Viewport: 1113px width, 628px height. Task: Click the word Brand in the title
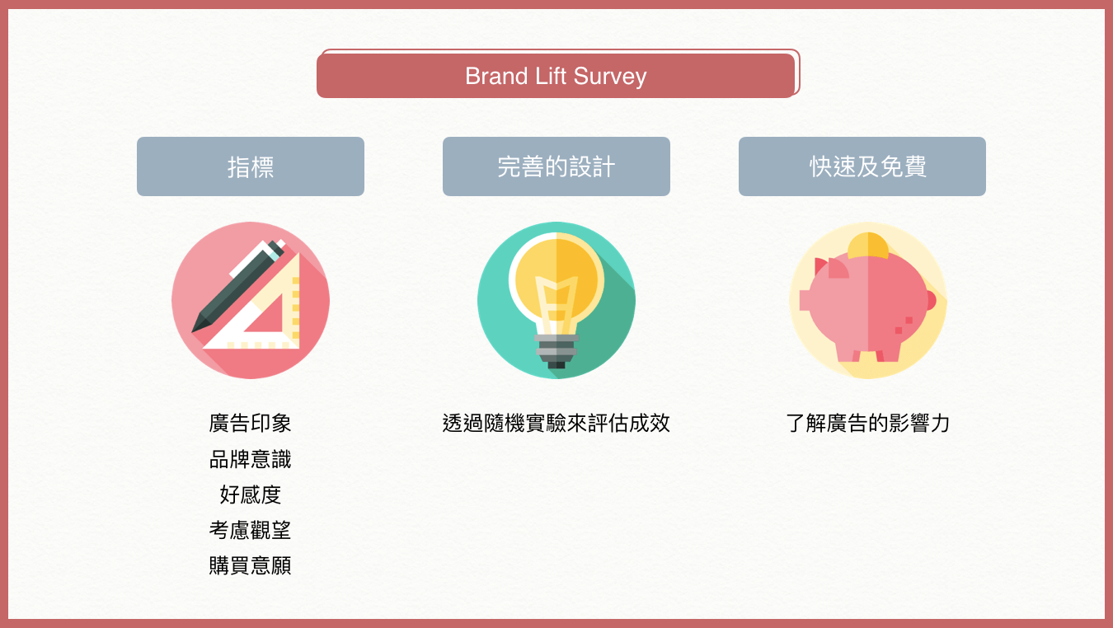pyautogui.click(x=495, y=76)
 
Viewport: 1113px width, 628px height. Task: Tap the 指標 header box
pyautogui.click(x=251, y=166)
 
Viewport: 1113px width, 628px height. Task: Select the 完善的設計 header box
pyautogui.click(x=556, y=166)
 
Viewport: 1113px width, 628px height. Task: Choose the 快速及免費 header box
pyautogui.click(x=862, y=166)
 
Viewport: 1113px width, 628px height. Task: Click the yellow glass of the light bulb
pyautogui.click(x=556, y=284)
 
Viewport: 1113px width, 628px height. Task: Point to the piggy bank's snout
pyautogui.click(x=805, y=301)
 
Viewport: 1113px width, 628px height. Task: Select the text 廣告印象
pyautogui.click(x=250, y=424)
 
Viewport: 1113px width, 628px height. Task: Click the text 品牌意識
pyautogui.click(x=250, y=459)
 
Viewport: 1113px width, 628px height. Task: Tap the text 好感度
pyautogui.click(x=250, y=494)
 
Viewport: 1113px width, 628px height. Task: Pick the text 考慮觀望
pyautogui.click(x=250, y=530)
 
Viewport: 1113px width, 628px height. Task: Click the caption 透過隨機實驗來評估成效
pyautogui.click(x=556, y=424)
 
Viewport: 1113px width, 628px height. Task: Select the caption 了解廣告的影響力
pyautogui.click(x=868, y=424)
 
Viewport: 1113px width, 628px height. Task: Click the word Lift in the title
pyautogui.click(x=551, y=76)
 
